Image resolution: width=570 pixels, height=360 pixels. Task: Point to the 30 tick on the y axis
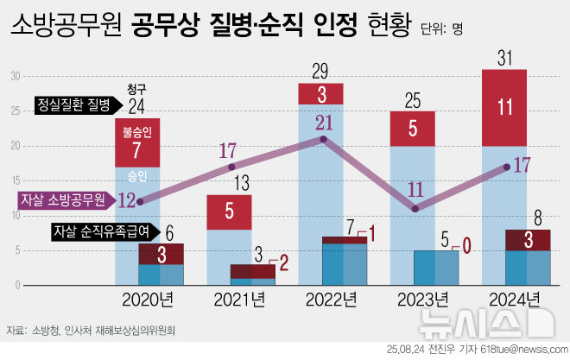(x=14, y=77)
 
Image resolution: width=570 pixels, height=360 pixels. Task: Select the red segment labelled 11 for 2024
(x=504, y=107)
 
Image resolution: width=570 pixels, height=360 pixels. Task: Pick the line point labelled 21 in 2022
(x=322, y=139)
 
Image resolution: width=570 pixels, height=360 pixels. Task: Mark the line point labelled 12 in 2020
(x=140, y=201)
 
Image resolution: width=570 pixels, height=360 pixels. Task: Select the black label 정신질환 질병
(x=74, y=104)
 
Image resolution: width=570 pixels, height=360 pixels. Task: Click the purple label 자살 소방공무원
(x=62, y=199)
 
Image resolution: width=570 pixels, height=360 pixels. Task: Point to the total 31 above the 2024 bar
(x=504, y=57)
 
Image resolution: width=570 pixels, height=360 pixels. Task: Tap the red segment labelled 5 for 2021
(x=229, y=212)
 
